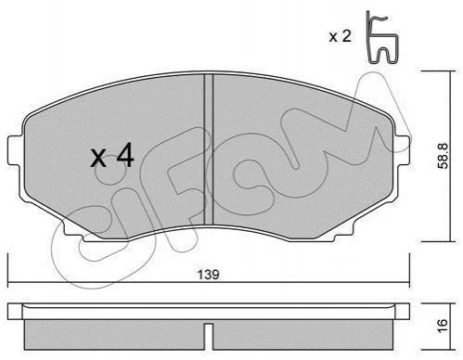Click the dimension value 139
coord(208,275)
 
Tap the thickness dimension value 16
coord(444,326)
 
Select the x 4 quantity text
coord(112,157)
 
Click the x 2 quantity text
coord(340,37)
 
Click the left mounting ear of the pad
coord(15,150)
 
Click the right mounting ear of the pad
coord(403,151)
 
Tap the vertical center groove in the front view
coord(209,149)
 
